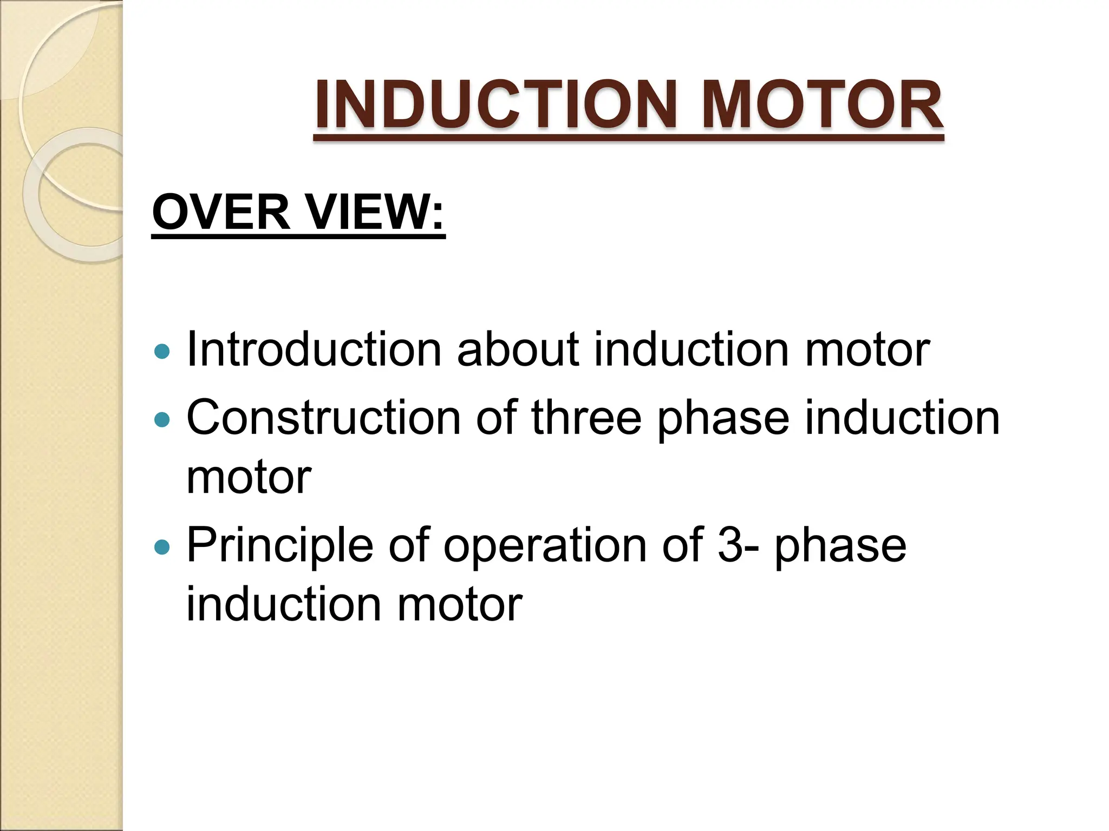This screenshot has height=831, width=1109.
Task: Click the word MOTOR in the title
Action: click(821, 105)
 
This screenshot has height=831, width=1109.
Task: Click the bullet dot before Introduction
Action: click(161, 352)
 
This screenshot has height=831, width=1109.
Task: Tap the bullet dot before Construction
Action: click(161, 419)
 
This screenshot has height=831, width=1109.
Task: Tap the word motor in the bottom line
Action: click(460, 605)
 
